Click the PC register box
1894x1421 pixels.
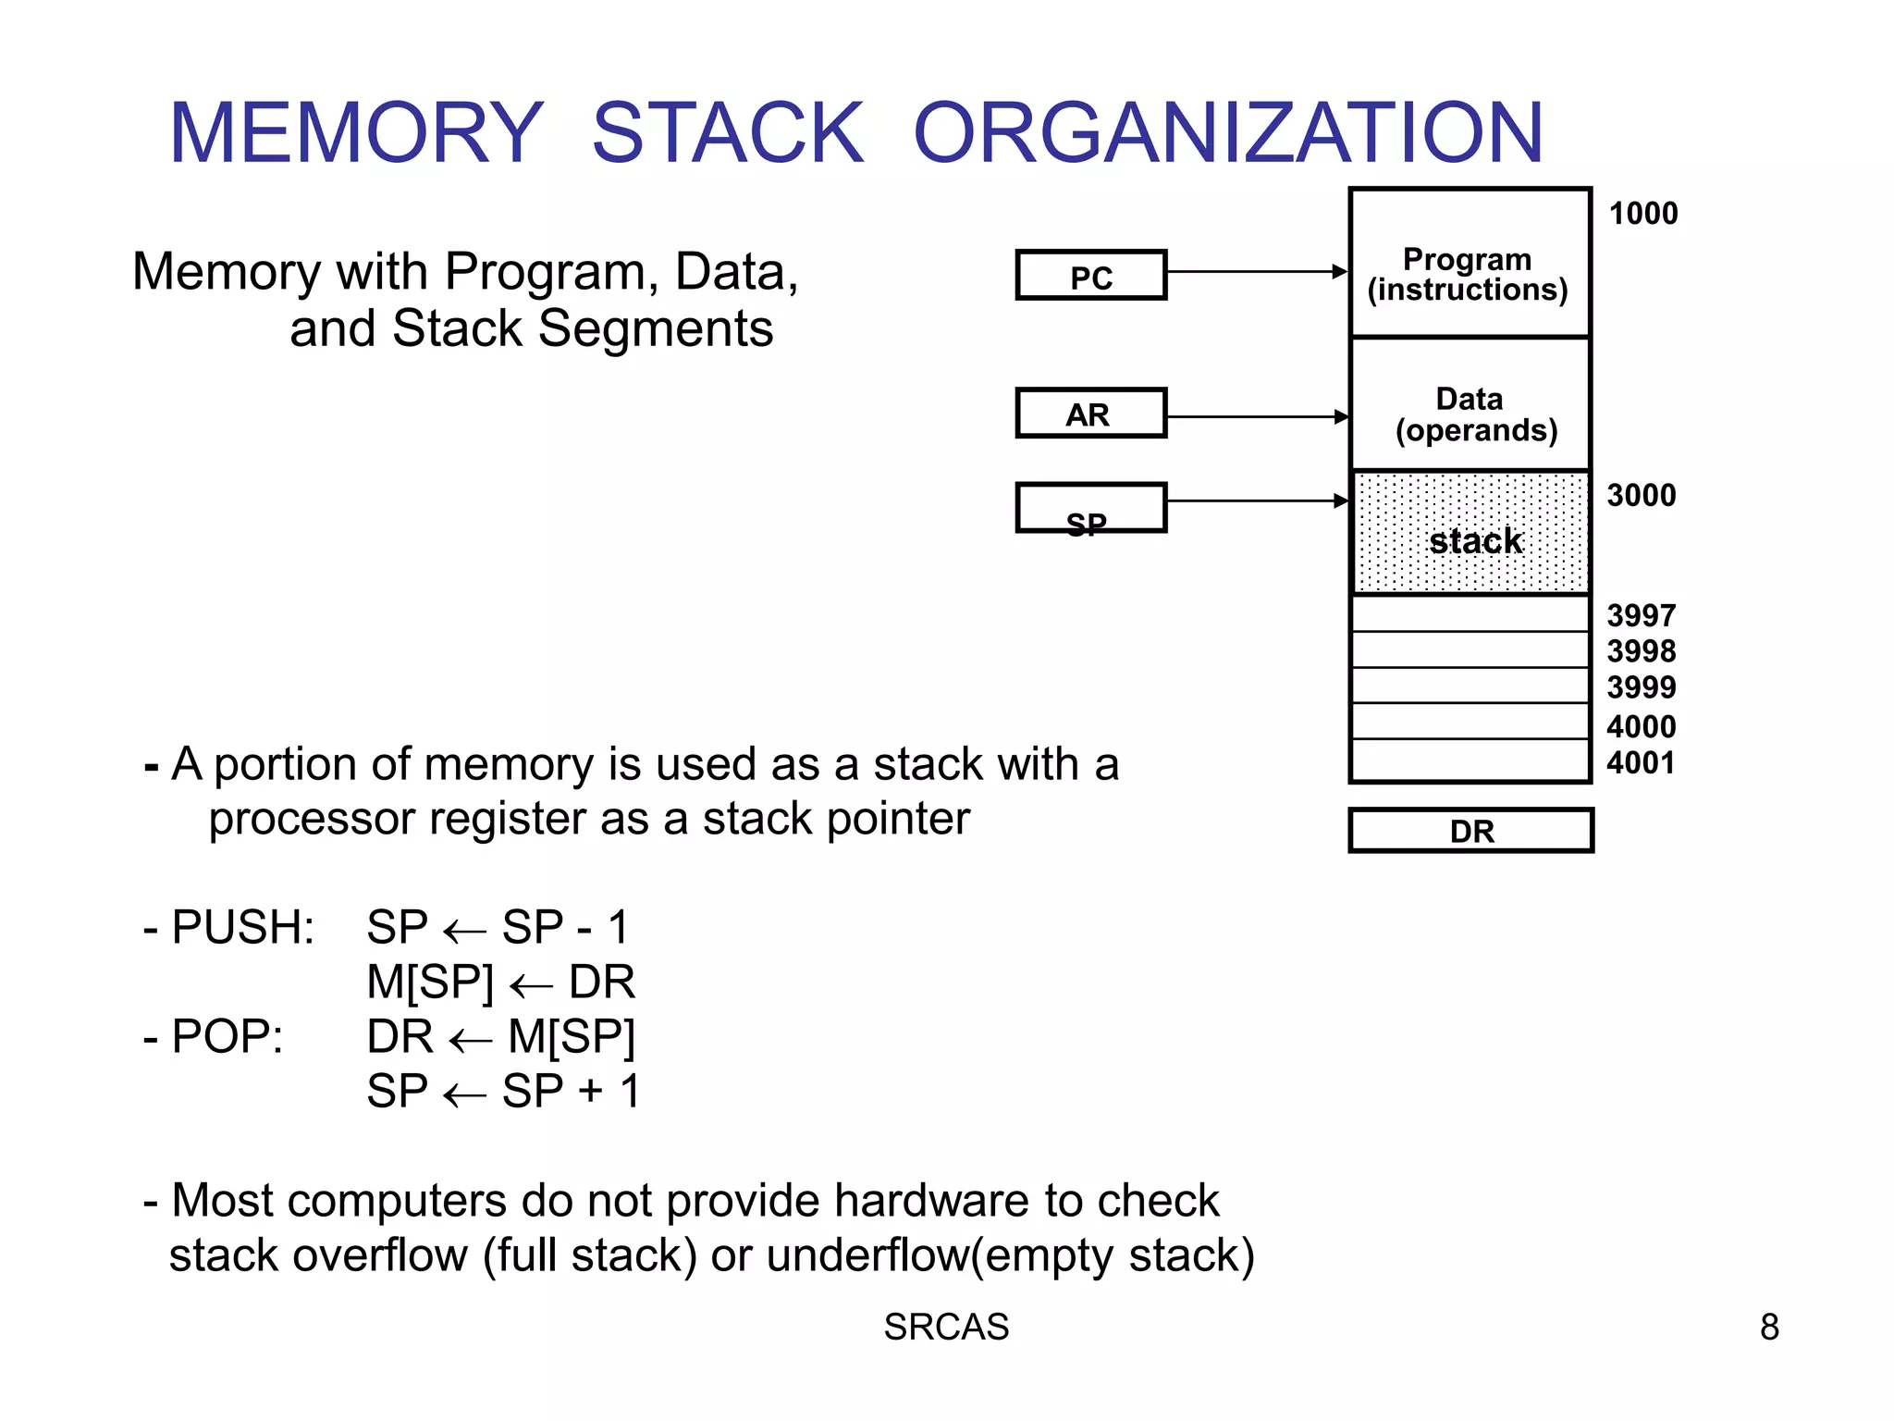[1090, 275]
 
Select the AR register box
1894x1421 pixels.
[1090, 413]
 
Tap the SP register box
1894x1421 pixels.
[1090, 508]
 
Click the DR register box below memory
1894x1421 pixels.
[1470, 831]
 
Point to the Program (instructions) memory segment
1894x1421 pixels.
[1469, 273]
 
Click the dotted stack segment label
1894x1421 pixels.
[1475, 541]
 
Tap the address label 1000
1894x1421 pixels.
[1642, 214]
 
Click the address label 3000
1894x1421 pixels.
[1641, 496]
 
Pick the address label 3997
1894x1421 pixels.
[1641, 615]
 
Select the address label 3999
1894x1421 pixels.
[1641, 687]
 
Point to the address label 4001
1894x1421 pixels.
[1641, 763]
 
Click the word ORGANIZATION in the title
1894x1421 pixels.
[1227, 134]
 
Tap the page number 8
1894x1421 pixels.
[1768, 1328]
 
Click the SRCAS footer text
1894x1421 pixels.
[946, 1328]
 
